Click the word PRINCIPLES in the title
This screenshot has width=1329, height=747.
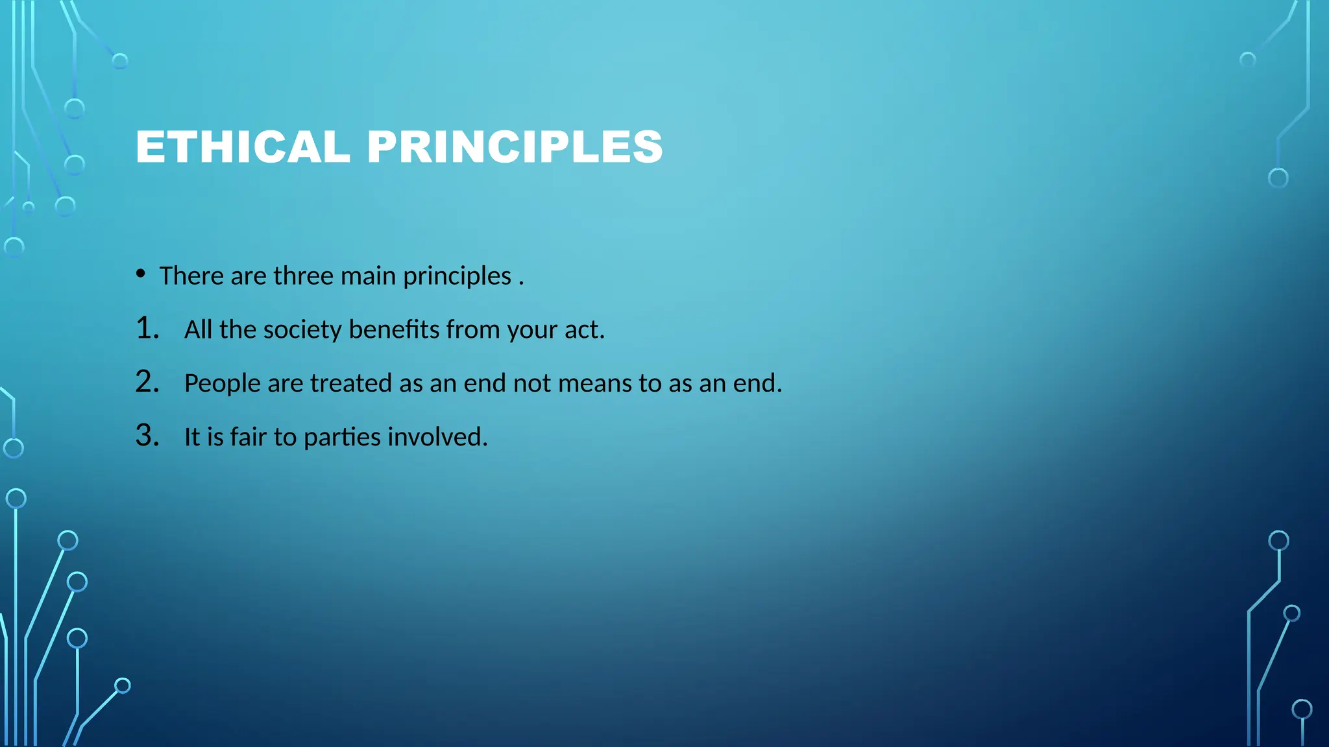click(515, 147)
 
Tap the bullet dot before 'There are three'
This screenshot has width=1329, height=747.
click(141, 274)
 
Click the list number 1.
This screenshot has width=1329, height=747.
click(147, 328)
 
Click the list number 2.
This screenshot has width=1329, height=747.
click(147, 382)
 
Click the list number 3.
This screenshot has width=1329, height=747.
click(147, 436)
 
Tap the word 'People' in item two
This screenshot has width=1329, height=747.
click(222, 384)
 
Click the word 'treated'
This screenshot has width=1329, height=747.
click(350, 383)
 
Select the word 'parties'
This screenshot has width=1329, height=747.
click(342, 438)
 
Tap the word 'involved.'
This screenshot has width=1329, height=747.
click(437, 437)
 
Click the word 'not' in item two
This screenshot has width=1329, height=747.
click(531, 384)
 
